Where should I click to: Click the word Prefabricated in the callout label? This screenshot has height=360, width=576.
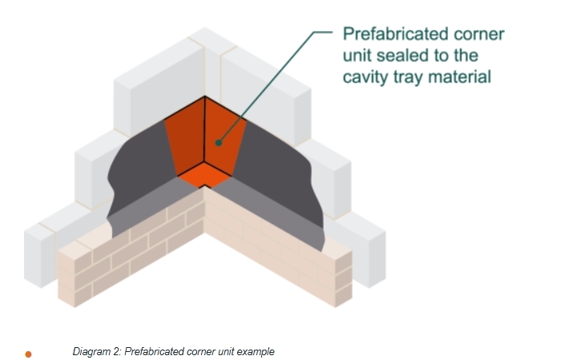coord(396,34)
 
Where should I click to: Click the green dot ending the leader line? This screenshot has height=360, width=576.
coord(219,143)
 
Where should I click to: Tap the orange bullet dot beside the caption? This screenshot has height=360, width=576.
coord(28,354)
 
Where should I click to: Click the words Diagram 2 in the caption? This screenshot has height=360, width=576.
coord(96,352)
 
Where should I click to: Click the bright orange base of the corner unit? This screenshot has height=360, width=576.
coord(204,176)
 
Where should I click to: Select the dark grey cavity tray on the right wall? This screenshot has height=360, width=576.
coord(276,169)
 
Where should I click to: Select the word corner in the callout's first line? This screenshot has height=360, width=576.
coord(479,34)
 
